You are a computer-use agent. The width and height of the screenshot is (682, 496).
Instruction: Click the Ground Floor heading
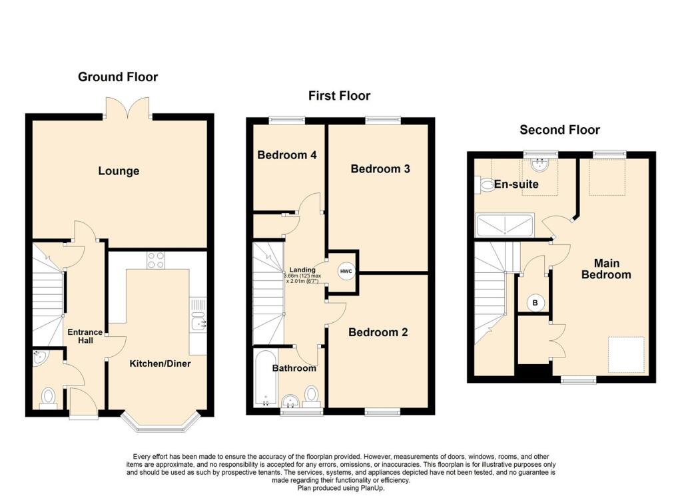(118, 77)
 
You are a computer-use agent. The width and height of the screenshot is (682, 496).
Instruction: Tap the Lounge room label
(119, 171)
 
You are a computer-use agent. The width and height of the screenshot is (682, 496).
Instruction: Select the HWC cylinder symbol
(345, 271)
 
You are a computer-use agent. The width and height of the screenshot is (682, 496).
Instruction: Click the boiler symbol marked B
(535, 303)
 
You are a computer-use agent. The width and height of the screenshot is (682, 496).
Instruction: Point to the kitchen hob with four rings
(155, 260)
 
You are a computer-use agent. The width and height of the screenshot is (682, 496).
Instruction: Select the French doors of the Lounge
(127, 108)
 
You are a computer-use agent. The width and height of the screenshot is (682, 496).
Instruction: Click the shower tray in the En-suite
(505, 225)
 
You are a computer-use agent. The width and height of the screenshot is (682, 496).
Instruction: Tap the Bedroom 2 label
(378, 332)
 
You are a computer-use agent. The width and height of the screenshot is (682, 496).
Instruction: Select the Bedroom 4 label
(286, 155)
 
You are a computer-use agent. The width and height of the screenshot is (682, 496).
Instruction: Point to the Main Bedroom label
(605, 269)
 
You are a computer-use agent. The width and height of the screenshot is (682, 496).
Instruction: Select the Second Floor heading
(559, 130)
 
